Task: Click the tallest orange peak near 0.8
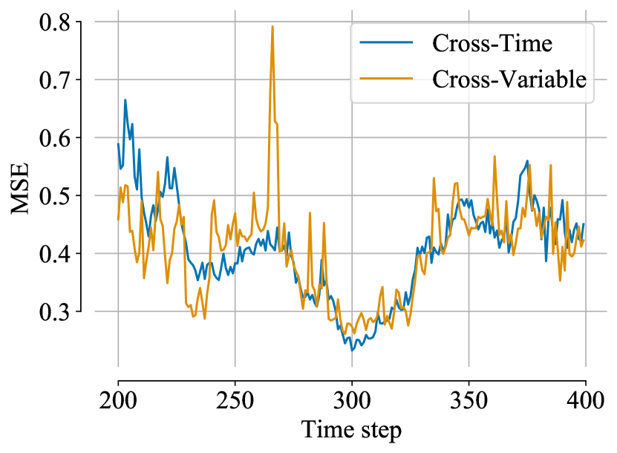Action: pos(272,27)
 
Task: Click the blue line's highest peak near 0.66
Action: pos(125,100)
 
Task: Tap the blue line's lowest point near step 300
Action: pos(352,350)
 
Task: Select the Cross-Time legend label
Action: pos(492,44)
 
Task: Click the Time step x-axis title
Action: pos(351,430)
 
